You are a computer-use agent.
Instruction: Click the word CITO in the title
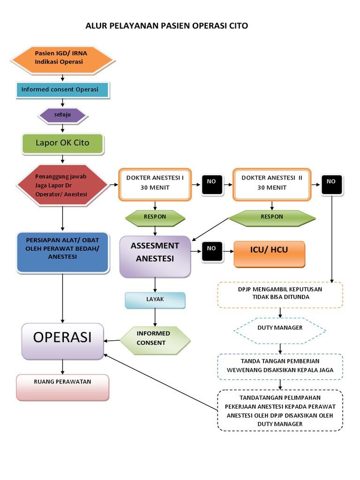(235, 26)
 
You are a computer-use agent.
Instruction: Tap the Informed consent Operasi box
(62, 90)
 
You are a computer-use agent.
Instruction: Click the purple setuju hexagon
(62, 115)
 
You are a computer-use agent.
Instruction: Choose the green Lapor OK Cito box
(62, 143)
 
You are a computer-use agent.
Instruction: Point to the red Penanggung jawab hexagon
(62, 185)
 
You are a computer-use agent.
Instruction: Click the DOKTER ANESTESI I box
(155, 184)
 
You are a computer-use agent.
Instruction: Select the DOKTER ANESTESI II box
(272, 184)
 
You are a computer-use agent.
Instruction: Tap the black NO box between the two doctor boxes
(212, 185)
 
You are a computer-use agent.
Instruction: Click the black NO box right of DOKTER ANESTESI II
(332, 185)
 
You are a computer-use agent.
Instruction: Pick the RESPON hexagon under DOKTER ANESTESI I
(155, 217)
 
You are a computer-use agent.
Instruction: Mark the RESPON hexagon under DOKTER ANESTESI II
(272, 217)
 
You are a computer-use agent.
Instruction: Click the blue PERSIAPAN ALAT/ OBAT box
(62, 252)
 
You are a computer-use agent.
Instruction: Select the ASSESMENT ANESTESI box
(155, 256)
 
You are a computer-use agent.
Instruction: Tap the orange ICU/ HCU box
(270, 254)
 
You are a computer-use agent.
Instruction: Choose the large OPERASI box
(62, 341)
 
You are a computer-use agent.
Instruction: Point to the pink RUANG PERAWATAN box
(62, 387)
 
